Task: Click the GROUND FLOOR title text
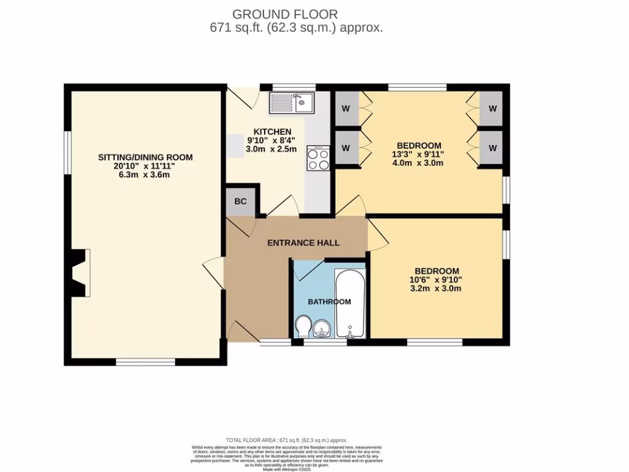(284, 14)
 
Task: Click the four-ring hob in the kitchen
(318, 159)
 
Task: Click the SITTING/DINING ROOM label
(146, 157)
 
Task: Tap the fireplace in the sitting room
(80, 273)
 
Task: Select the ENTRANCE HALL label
(303, 243)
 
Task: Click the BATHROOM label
(329, 302)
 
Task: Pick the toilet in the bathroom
(303, 326)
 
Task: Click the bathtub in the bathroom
(350, 304)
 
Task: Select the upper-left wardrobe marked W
(346, 109)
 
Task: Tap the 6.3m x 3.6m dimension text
(145, 175)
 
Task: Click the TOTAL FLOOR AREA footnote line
(287, 440)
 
